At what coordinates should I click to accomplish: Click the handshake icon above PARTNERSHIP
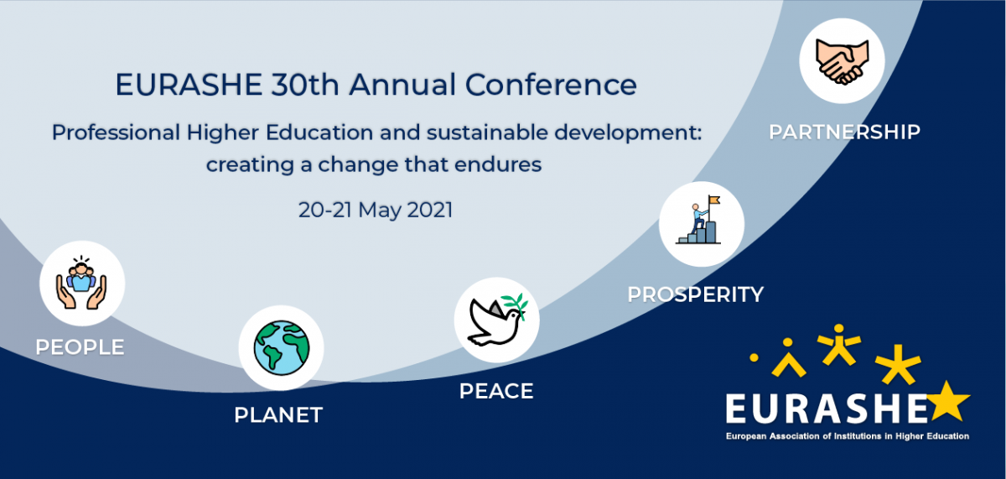[x=842, y=61]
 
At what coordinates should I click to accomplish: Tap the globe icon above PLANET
[x=282, y=348]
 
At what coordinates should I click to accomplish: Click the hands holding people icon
[x=81, y=283]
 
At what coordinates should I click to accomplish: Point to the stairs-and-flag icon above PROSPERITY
[x=699, y=220]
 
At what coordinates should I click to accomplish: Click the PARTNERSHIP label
[x=845, y=132]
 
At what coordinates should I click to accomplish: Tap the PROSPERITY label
[x=695, y=294]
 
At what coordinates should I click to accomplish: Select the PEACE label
[x=496, y=391]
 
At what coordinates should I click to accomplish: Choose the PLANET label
[x=278, y=414]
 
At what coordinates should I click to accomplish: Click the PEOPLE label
[x=80, y=347]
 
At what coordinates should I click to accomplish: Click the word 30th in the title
[x=305, y=85]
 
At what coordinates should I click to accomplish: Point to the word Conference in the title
[x=551, y=85]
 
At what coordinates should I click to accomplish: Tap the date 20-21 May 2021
[x=376, y=211]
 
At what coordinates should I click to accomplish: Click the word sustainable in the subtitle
[x=487, y=133]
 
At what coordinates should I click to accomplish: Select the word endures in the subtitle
[x=498, y=165]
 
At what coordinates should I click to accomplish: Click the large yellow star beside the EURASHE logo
[x=948, y=402]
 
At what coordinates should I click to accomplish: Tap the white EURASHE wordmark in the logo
[x=827, y=409]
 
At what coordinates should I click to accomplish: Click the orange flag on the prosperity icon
[x=714, y=200]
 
